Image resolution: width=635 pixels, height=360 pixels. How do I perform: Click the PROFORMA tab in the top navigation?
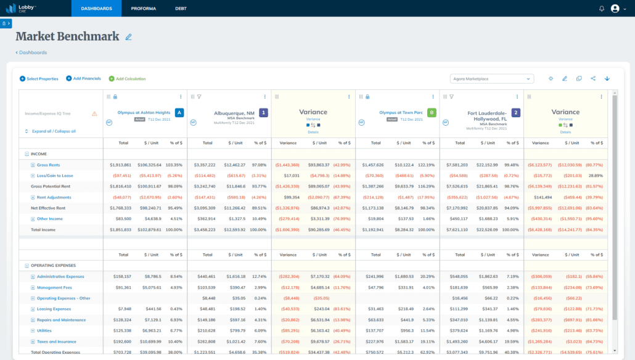144,9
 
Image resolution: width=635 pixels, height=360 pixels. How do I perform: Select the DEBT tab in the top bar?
181,9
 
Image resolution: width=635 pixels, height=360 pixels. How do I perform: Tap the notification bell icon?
602,9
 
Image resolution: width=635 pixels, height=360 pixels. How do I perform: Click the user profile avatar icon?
615,9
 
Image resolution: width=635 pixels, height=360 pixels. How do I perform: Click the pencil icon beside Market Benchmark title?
128,37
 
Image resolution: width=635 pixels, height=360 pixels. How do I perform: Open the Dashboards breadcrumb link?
32,52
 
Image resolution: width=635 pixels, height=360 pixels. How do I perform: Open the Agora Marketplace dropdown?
491,79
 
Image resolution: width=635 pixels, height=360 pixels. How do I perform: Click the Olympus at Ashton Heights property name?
144,113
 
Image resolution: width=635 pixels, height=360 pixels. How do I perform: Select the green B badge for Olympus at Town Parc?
432,113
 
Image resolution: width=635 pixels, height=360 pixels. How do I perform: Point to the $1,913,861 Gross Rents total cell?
120,165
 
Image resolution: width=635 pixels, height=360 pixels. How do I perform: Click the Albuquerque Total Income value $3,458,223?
205,230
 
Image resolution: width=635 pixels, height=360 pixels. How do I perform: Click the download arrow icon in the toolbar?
607,79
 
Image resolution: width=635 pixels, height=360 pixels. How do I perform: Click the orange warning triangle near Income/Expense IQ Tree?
94,113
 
